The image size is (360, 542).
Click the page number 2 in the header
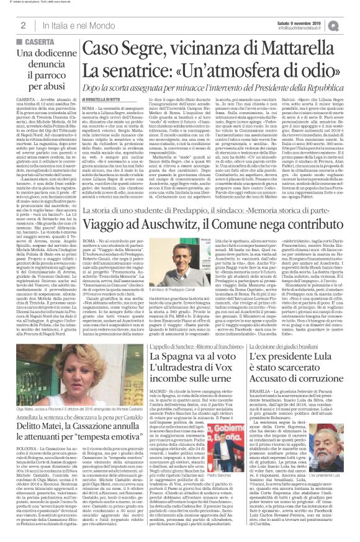tap(22, 25)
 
